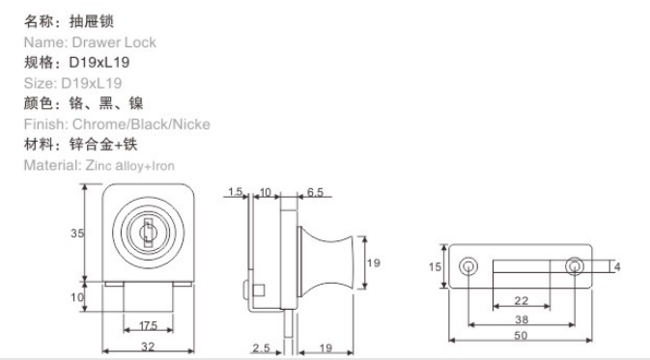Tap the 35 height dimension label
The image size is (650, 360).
pyautogui.click(x=77, y=234)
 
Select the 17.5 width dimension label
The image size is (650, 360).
pyautogui.click(x=149, y=325)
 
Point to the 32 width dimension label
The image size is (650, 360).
pyautogui.click(x=148, y=346)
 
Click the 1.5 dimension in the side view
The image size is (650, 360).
pyautogui.click(x=235, y=192)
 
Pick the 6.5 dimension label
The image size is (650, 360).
pyautogui.click(x=315, y=192)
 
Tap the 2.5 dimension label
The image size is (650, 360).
pyautogui.click(x=261, y=348)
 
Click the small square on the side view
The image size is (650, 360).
pyautogui.click(x=259, y=290)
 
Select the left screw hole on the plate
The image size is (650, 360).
pyautogui.click(x=468, y=266)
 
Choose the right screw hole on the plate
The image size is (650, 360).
pyautogui.click(x=575, y=266)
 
